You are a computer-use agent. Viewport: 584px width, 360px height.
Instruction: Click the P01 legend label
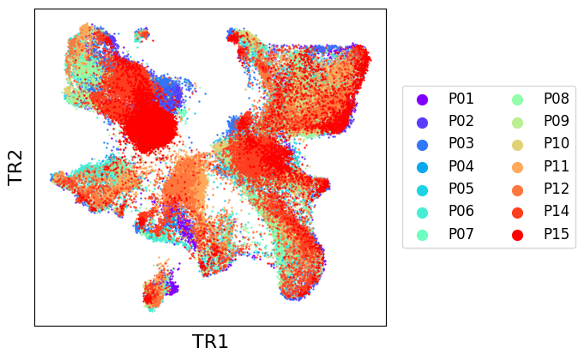tap(461, 99)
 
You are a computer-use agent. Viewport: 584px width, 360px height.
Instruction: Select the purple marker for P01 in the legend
tap(423, 99)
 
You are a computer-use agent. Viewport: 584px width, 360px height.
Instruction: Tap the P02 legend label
tap(461, 122)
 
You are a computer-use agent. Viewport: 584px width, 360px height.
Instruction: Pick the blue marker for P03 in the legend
tap(423, 145)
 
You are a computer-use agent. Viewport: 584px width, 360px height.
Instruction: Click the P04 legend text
tap(461, 166)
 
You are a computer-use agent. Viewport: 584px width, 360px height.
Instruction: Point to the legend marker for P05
tap(423, 190)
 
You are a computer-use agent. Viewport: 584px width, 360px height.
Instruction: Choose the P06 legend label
tap(461, 212)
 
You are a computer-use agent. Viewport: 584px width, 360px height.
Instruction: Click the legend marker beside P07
tap(423, 235)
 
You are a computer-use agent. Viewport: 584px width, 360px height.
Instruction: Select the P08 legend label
tap(557, 99)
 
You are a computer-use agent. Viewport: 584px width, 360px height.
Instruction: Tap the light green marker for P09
tap(518, 123)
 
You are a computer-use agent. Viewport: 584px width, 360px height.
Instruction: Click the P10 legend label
tap(557, 144)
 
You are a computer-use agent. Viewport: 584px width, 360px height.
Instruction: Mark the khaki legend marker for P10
tap(518, 145)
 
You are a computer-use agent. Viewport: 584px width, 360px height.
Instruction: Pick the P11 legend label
tap(557, 166)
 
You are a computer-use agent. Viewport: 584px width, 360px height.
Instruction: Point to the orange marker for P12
tap(518, 190)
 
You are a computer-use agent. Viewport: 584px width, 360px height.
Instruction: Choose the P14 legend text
tap(557, 212)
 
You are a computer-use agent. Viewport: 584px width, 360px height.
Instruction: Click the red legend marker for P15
tap(518, 235)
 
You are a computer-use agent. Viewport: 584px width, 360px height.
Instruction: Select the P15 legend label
tap(557, 234)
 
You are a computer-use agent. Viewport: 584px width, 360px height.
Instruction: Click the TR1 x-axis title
tap(210, 342)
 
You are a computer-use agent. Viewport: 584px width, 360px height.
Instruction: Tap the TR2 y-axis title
tap(15, 167)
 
